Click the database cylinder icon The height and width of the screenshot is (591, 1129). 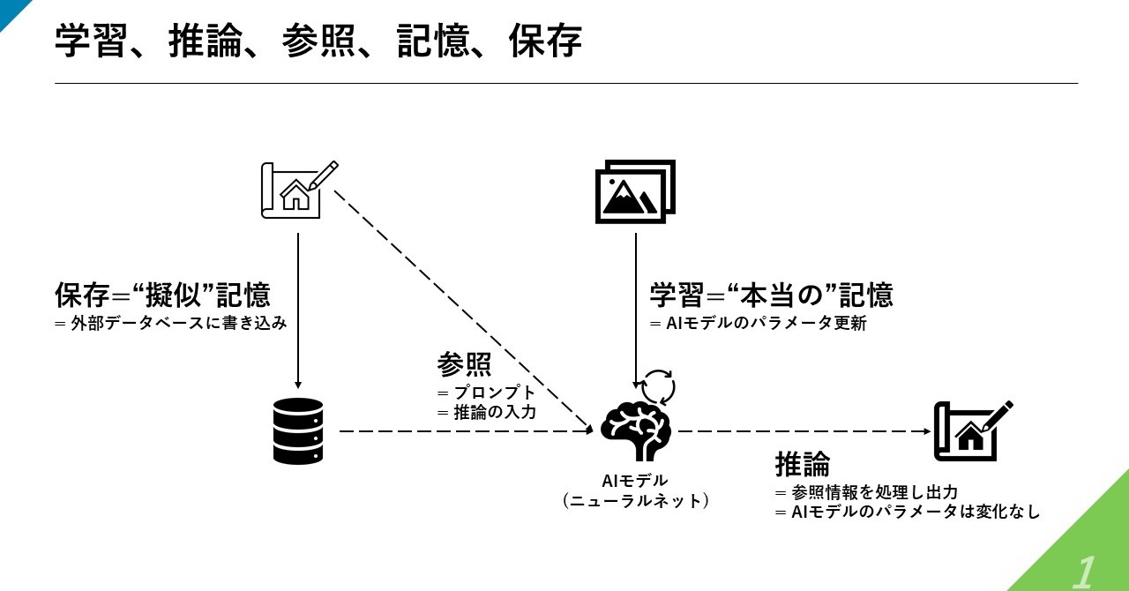pos(298,430)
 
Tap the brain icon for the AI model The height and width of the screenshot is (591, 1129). pos(636,430)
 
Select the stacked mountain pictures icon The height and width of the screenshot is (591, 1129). pos(636,191)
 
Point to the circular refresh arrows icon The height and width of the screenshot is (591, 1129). pos(657,386)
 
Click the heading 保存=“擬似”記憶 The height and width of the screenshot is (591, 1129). pos(162,295)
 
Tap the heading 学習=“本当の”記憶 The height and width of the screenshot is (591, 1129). pos(771,295)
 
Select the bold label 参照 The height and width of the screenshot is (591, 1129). pos(464,364)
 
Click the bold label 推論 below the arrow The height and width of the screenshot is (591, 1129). pos(803,464)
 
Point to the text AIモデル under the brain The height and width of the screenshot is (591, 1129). pos(635,481)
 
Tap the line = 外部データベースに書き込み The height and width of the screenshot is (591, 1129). pos(171,323)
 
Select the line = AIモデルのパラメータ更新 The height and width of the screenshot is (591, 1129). pos(759,324)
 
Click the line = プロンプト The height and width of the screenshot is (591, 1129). pos(486,392)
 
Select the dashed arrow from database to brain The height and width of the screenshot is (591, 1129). pos(459,431)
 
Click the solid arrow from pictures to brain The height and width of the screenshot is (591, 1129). pos(636,309)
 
